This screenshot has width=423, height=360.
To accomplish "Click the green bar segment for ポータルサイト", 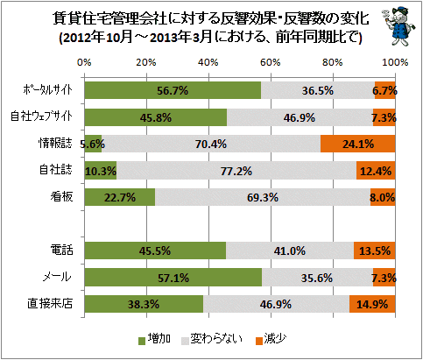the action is point(173,90).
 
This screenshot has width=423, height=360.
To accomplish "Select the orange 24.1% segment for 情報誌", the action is point(358,144).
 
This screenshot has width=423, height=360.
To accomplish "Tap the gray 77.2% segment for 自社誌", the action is point(236,171).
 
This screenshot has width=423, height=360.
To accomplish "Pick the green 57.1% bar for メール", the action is point(173,278).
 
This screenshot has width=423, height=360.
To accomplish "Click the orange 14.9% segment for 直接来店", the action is point(372,304).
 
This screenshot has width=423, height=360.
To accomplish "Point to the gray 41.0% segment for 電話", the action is point(290,251).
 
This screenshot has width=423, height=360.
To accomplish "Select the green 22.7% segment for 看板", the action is point(120,197).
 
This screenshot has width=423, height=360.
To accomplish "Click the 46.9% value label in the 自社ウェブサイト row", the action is point(300,117).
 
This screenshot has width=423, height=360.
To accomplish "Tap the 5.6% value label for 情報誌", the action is point(93,144).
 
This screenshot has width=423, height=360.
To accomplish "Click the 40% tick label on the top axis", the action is point(208,62).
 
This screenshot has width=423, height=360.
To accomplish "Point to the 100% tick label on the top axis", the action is point(395,62).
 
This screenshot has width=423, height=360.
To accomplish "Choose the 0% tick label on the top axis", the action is point(84,62).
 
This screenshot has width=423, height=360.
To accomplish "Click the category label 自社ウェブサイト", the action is point(41,116).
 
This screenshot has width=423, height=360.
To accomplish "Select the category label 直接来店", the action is point(50,304).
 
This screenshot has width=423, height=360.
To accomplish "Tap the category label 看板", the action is point(61,197).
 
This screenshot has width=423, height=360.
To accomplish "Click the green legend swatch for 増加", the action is point(142,341).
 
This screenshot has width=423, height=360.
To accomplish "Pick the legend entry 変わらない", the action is point(212,339).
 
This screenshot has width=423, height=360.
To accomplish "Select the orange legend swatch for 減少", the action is point(259,341).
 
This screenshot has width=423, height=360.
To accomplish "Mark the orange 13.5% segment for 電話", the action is point(375,251).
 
